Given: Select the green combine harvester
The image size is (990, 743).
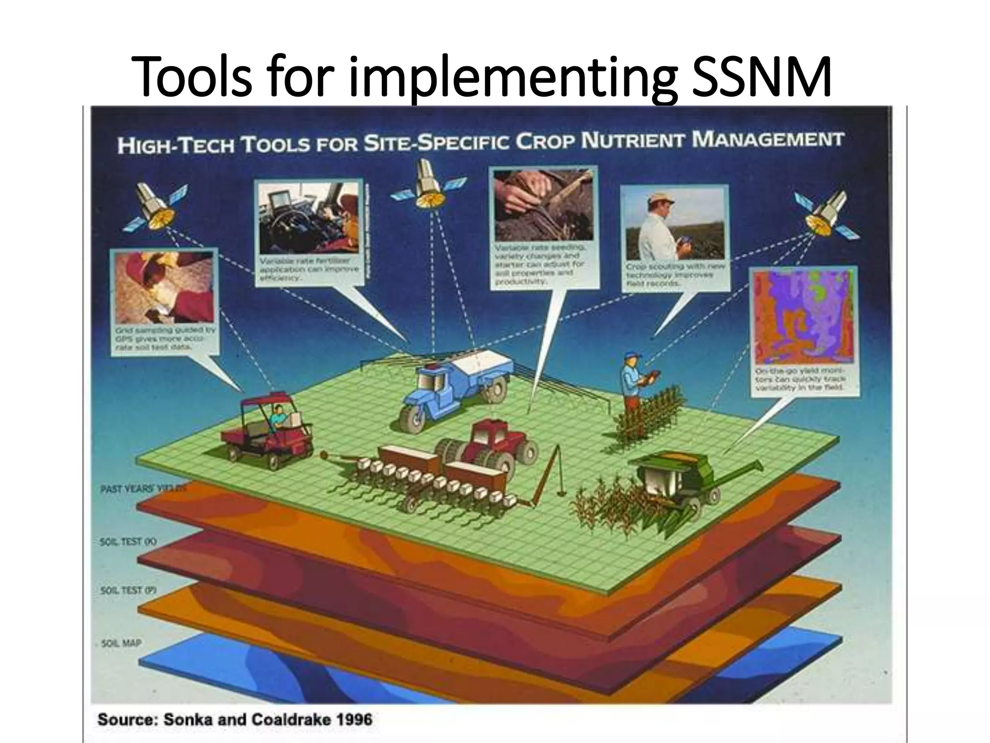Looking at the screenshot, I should pyautogui.click(x=686, y=479).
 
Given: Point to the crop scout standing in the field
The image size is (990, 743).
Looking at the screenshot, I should pyautogui.click(x=633, y=382).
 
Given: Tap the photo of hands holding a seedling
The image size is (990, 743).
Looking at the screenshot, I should pyautogui.click(x=544, y=206).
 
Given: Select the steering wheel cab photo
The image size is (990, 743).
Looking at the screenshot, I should pyautogui.click(x=309, y=218).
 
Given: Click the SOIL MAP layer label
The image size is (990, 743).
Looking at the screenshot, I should pyautogui.click(x=121, y=643).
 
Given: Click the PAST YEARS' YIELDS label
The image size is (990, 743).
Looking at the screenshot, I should pyautogui.click(x=143, y=489).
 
